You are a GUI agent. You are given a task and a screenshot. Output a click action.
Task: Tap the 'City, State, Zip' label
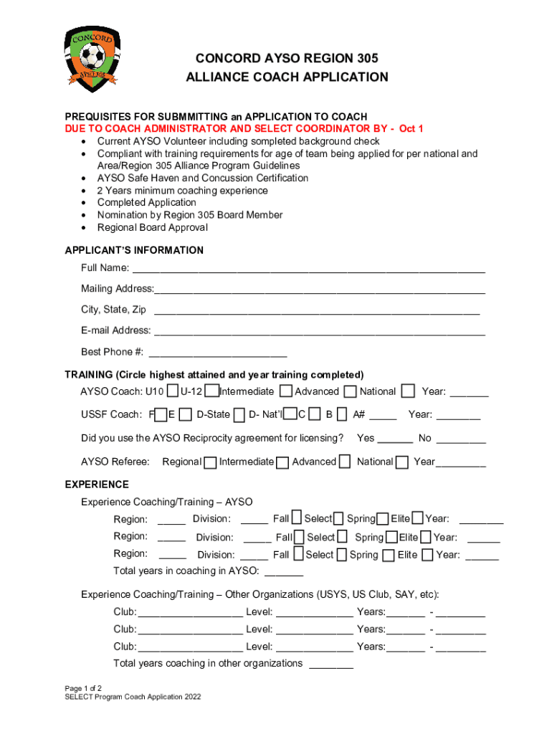[113, 310]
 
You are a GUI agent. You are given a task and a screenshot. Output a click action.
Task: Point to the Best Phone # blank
[217, 354]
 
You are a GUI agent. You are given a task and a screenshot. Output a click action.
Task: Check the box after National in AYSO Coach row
[408, 391]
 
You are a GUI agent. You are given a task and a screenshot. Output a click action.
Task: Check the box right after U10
[172, 391]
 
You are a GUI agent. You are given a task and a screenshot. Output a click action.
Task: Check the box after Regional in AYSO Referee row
[210, 462]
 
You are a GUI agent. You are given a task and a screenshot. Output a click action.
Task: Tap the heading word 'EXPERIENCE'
[97, 485]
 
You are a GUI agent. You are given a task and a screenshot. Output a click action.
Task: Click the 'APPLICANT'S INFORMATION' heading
[134, 250]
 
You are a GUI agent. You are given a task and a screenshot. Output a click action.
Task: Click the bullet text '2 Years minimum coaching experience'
[183, 191]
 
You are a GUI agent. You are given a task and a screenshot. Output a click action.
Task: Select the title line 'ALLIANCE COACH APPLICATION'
[287, 77]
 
